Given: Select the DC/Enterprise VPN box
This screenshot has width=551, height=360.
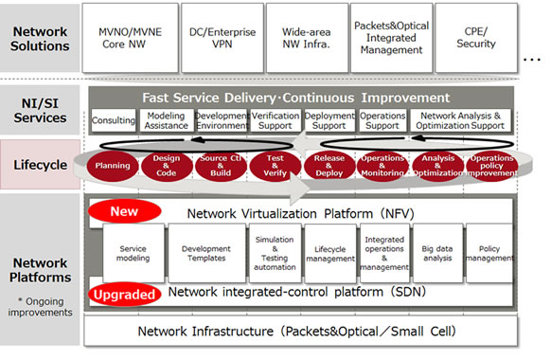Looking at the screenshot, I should click(221, 37).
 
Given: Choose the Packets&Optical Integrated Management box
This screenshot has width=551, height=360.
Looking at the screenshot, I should click(391, 37).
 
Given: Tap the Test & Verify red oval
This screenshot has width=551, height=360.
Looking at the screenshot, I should click(275, 165).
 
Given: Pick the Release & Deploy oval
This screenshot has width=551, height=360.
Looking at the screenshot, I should click(329, 165).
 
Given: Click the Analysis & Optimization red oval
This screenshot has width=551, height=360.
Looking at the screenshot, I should click(438, 165).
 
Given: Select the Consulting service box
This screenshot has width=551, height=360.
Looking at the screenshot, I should click(114, 121).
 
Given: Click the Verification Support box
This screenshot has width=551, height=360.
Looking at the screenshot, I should click(275, 121).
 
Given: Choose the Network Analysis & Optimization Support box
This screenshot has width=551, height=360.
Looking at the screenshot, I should click(461, 121).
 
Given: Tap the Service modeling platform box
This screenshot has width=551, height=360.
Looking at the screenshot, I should click(133, 253).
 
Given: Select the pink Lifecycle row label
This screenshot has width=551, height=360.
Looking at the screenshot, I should click(40, 165).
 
